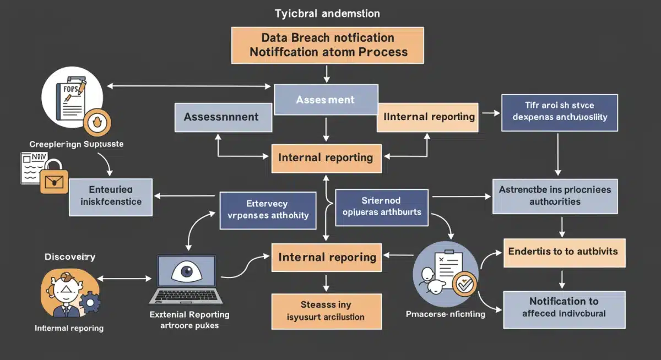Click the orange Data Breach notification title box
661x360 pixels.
tap(328, 45)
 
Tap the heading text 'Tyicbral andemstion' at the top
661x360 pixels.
tap(328, 13)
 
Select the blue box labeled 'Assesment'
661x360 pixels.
tap(326, 100)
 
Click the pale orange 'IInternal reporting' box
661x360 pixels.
tap(427, 117)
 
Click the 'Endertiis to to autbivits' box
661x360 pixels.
tap(563, 252)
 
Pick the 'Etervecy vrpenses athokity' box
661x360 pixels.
tap(268, 210)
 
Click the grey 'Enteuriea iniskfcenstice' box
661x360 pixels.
tap(111, 197)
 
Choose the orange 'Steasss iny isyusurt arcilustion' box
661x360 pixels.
tap(326, 311)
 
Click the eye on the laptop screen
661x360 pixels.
tap(186, 272)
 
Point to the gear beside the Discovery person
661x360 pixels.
tap(89, 302)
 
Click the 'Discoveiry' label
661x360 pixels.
tap(70, 257)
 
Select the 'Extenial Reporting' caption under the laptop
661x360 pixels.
tap(190, 315)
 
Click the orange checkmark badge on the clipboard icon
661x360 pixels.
tap(464, 284)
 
